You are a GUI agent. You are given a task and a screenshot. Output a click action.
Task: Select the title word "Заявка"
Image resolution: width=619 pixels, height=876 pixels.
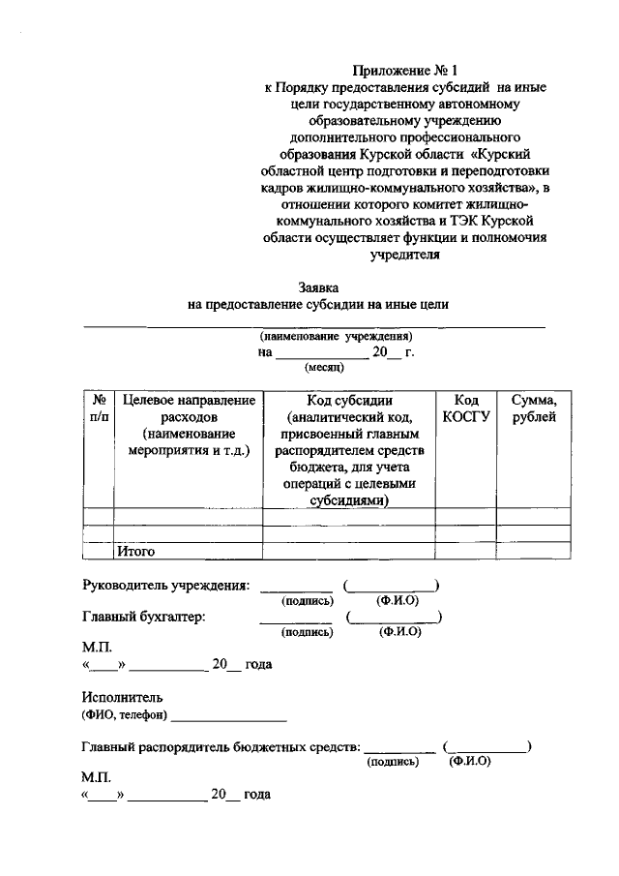[319, 287]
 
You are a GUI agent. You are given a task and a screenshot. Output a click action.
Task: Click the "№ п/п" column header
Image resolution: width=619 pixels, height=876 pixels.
[98, 408]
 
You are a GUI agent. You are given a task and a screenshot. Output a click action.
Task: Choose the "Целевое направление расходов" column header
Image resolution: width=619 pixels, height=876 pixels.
[188, 425]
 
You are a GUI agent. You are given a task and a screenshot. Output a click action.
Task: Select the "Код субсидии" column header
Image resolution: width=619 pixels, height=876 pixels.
[348, 450]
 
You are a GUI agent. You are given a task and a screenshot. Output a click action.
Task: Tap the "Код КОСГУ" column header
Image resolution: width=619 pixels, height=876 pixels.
[465, 408]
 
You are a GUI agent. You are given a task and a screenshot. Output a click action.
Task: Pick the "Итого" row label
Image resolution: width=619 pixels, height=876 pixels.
[136, 551]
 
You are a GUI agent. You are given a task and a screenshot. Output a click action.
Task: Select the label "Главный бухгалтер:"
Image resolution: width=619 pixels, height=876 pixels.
[144, 616]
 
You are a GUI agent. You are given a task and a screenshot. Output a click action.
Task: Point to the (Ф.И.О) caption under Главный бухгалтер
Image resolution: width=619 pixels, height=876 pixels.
[400, 632]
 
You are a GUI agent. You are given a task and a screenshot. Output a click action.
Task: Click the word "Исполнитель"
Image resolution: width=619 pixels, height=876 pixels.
[123, 696]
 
